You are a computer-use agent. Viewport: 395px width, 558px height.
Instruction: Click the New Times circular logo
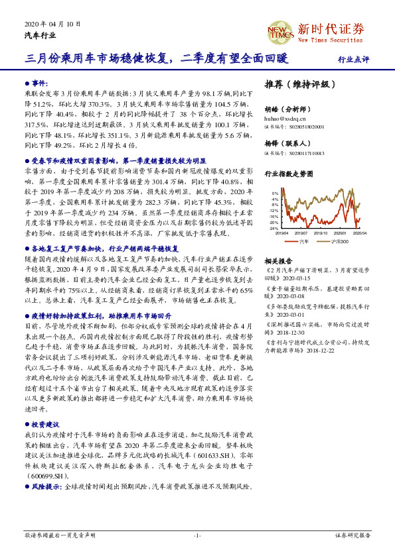[x=279, y=31]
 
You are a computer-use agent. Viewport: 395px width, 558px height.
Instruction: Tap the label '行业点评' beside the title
[x=353, y=59]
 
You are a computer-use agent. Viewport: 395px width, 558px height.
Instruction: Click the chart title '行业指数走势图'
[x=287, y=174]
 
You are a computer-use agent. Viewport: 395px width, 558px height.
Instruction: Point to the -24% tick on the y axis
[x=274, y=228]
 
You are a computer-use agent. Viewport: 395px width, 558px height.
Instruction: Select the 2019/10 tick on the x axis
[x=321, y=233]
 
